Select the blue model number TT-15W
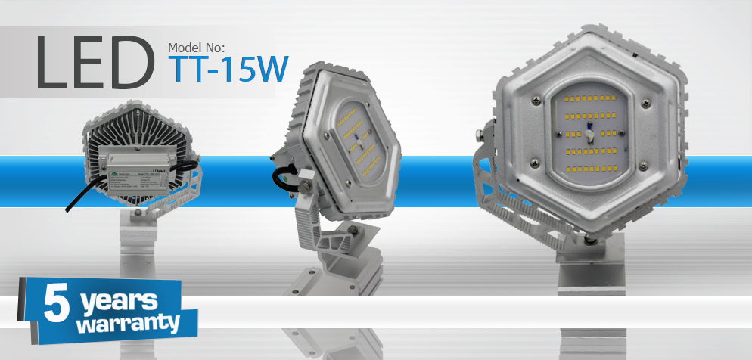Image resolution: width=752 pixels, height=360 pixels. (x=228, y=70)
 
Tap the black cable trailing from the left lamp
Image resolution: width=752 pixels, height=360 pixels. (x=80, y=200)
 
